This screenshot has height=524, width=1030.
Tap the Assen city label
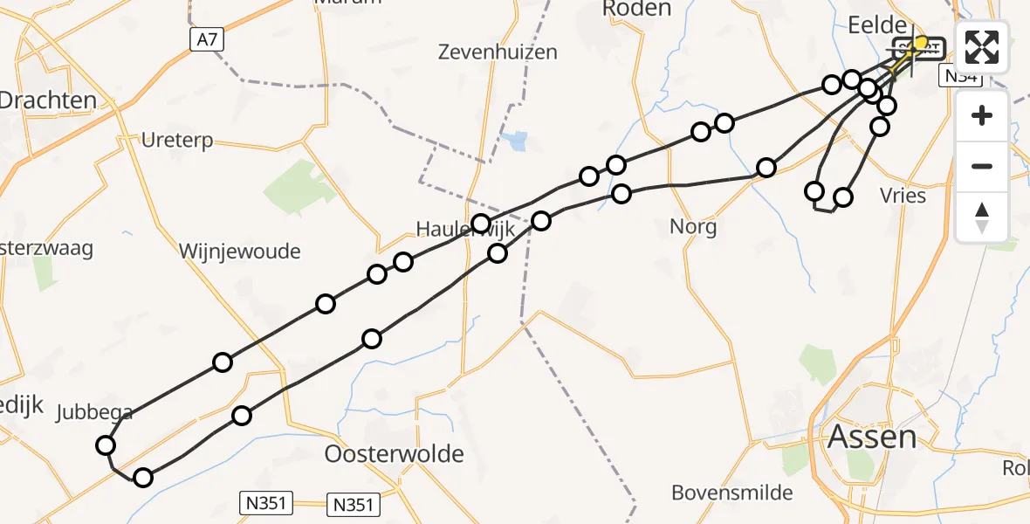tap(873, 436)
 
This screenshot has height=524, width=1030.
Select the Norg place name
tap(693, 228)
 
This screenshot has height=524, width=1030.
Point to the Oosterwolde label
tap(394, 454)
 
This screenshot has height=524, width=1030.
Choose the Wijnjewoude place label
tap(239, 252)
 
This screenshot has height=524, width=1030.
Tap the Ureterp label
tap(176, 141)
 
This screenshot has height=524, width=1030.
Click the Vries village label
tap(903, 196)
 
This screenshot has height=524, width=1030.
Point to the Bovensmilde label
tap(731, 493)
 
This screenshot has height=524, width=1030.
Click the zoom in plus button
tap(982, 115)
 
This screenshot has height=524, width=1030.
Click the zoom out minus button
tap(982, 166)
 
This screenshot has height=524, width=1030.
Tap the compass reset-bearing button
tap(982, 217)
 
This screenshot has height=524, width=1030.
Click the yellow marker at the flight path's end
tap(920, 43)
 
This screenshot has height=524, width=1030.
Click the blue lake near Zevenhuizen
tap(517, 140)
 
